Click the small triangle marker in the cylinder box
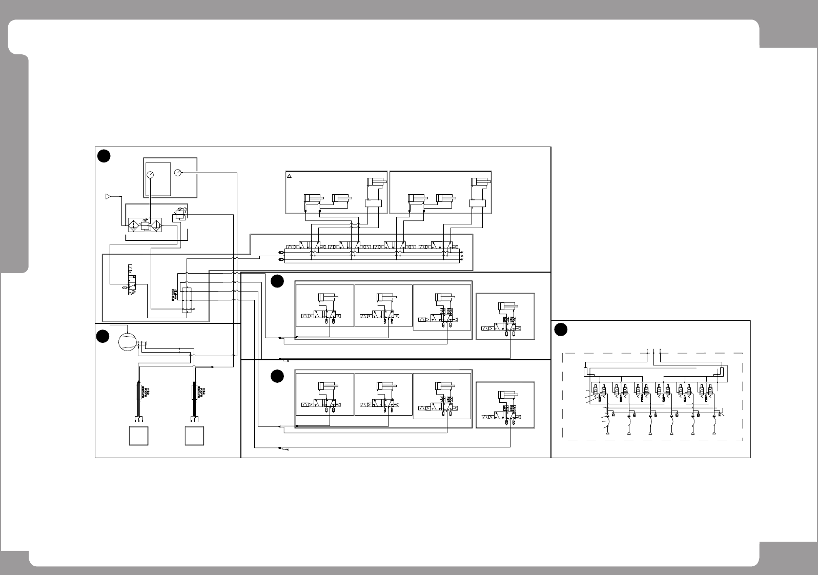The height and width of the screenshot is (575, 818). click(x=289, y=176)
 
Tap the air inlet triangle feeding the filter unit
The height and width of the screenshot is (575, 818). click(x=108, y=196)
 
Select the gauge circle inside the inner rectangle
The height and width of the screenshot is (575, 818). click(x=150, y=174)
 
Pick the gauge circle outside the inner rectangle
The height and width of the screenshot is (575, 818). click(x=177, y=173)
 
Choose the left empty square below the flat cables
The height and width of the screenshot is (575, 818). click(x=138, y=436)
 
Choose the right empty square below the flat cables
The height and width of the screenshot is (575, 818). click(x=195, y=436)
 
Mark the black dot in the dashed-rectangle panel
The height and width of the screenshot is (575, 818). click(x=561, y=330)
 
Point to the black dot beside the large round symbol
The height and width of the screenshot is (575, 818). click(x=103, y=336)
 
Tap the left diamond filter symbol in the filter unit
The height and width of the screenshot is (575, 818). click(x=133, y=225)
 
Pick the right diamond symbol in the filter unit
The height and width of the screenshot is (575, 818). click(x=155, y=225)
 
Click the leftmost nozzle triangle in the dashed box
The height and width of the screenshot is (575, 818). click(x=607, y=434)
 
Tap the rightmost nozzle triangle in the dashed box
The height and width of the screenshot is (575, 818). click(x=714, y=434)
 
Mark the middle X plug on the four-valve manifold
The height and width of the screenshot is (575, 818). click(x=462, y=256)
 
